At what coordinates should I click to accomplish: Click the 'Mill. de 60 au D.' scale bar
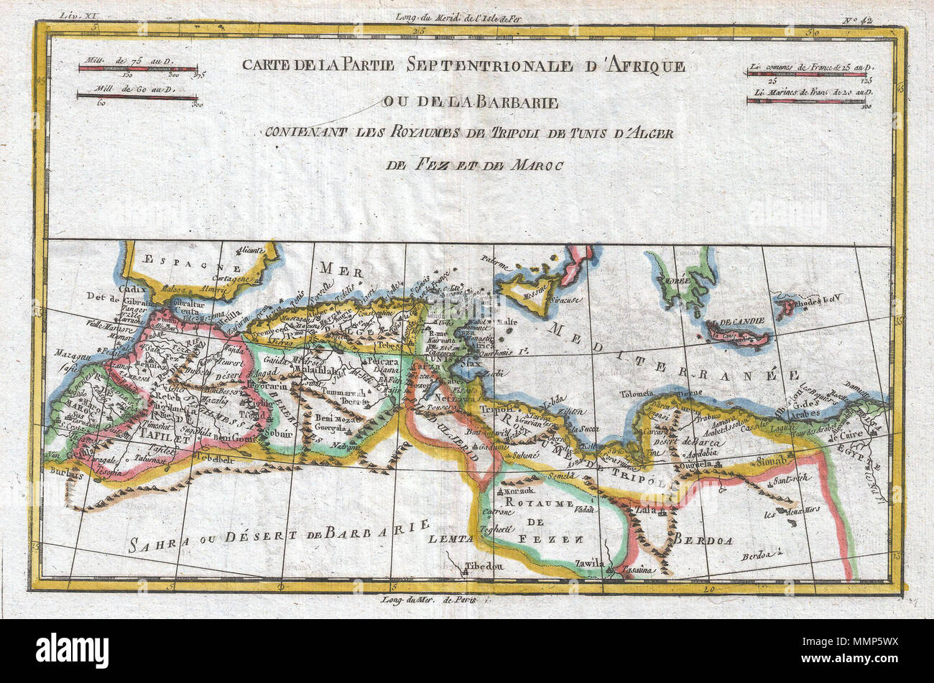[x=137, y=97]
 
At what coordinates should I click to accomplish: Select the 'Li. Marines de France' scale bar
[x=805, y=101]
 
